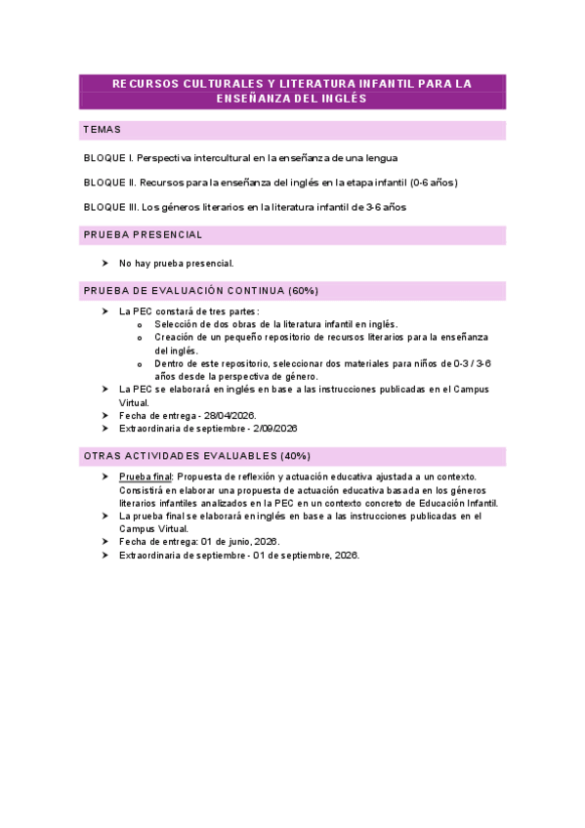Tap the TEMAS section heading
click(103, 130)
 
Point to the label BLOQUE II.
click(109, 183)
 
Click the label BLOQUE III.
click(111, 207)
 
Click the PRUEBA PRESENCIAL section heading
click(144, 235)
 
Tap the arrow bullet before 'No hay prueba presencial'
click(105, 263)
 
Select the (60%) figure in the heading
click(302, 291)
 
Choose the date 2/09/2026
click(273, 429)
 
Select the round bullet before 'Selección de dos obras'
click(142, 325)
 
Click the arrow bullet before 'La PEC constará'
click(105, 310)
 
